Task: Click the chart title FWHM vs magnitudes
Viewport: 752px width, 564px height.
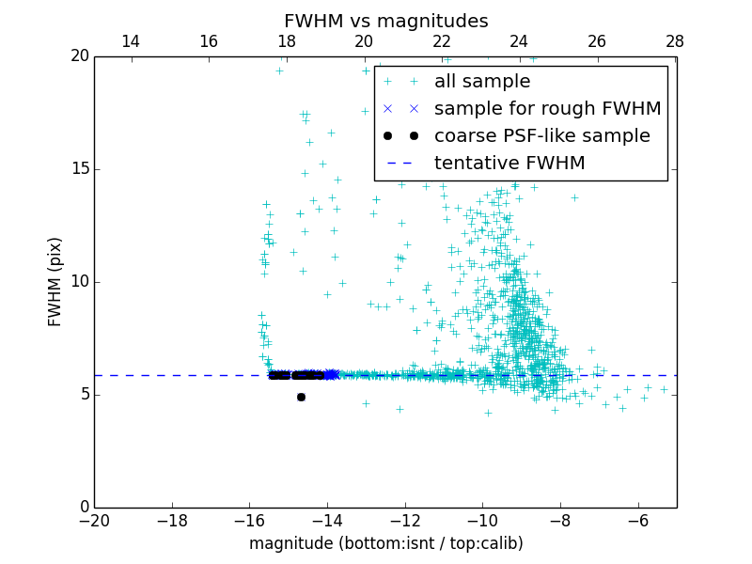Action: point(385,21)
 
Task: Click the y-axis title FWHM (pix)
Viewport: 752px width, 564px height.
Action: point(55,281)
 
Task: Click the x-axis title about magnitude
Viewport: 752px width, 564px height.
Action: point(385,543)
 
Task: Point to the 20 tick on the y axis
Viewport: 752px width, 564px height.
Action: point(79,56)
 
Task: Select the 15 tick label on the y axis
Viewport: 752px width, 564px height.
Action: point(79,169)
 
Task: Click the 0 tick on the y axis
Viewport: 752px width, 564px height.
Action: point(84,508)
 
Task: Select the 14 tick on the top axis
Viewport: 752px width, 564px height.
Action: point(131,41)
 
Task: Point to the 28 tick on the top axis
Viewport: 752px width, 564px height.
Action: point(674,41)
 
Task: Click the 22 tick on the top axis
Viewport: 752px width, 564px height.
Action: point(441,41)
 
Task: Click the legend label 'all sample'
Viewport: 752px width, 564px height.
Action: point(482,82)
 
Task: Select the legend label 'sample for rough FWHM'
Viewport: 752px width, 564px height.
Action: point(547,109)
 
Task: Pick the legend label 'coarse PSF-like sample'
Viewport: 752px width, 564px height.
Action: point(541,136)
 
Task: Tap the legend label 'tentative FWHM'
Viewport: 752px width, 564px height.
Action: point(509,164)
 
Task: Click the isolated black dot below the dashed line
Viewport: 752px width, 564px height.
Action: point(301,397)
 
